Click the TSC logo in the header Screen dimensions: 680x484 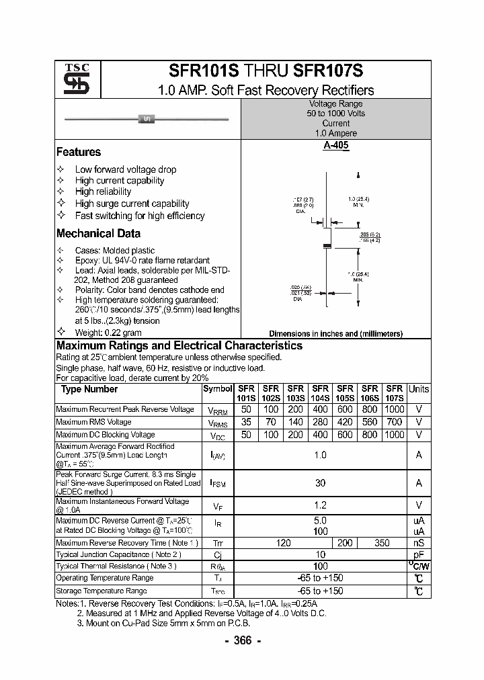72,81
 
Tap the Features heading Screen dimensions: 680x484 79,153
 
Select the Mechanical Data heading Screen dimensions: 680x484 98,234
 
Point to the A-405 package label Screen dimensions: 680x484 335,145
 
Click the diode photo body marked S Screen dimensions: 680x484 147,120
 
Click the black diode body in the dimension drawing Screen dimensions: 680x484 328,246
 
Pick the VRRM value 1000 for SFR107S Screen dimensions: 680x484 395,409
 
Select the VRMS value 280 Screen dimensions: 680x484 320,422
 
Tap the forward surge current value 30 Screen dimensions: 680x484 320,482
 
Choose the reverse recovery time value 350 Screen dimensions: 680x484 382,543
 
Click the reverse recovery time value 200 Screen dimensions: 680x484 345,543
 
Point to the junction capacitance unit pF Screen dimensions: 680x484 419,555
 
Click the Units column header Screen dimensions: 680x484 419,389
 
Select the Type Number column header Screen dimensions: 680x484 89,390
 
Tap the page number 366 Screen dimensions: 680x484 241,641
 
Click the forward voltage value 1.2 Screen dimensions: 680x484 320,505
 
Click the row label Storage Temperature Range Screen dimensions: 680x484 101,591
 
